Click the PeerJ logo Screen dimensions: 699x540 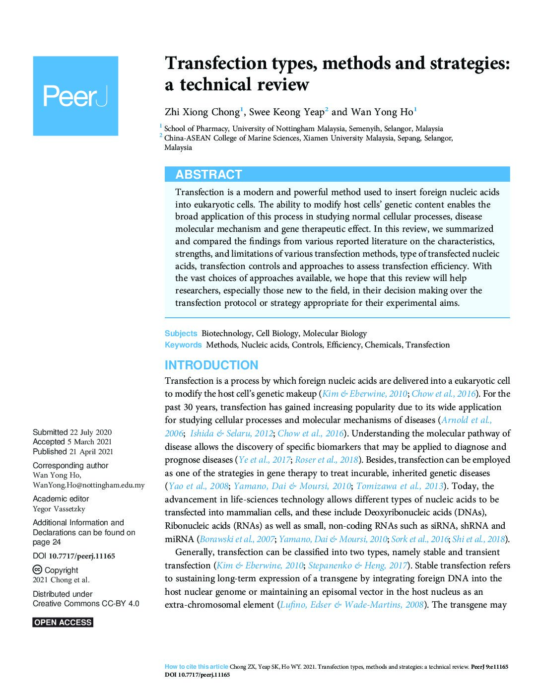[75, 96]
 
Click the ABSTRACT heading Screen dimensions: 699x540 [208, 174]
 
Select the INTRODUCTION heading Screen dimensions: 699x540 [211, 365]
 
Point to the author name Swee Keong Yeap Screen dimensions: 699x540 [286, 112]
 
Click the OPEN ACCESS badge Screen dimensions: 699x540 [63, 623]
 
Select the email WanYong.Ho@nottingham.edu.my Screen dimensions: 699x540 [89, 485]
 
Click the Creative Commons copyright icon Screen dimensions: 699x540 [37, 570]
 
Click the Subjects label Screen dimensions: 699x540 [181, 334]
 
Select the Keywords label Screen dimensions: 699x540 [183, 345]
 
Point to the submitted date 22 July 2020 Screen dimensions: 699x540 [91, 432]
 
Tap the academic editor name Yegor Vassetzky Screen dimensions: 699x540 [59, 509]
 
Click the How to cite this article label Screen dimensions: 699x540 [197, 667]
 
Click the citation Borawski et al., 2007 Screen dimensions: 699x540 [237, 539]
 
